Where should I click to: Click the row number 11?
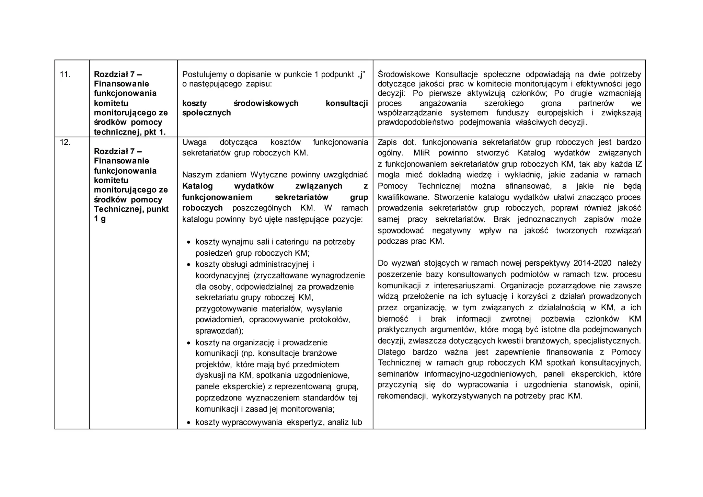pyautogui.click(x=65, y=74)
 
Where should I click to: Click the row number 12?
pyautogui.click(x=65, y=142)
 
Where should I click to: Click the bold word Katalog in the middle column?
pyautogui.click(x=197, y=186)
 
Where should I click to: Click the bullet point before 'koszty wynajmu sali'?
pyautogui.click(x=188, y=242)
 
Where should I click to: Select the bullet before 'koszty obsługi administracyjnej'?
pyautogui.click(x=188, y=265)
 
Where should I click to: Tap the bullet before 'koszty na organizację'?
pyautogui.click(x=188, y=343)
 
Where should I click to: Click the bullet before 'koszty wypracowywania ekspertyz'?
pyautogui.click(x=188, y=423)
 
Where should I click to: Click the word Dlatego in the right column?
pyautogui.click(x=391, y=352)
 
